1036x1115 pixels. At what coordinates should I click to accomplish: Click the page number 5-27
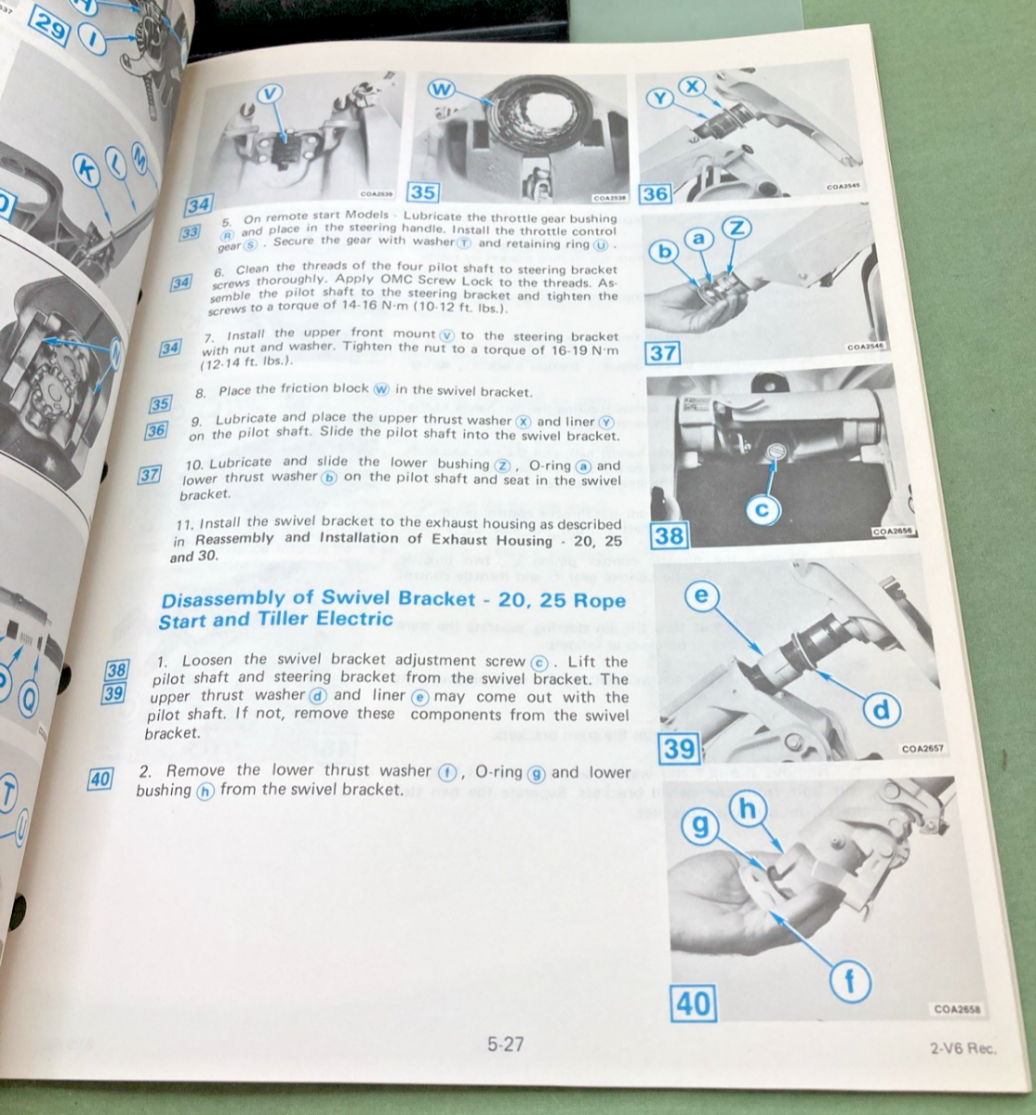click(x=505, y=1043)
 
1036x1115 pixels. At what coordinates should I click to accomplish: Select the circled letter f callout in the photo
click(x=847, y=981)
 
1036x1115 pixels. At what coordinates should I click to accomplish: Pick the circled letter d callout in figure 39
click(x=880, y=711)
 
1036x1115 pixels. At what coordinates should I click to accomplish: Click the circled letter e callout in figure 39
click(x=701, y=596)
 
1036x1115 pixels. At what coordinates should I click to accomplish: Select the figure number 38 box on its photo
click(x=669, y=536)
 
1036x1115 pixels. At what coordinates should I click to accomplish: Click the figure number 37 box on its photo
click(x=663, y=353)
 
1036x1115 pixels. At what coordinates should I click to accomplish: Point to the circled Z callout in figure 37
click(x=735, y=228)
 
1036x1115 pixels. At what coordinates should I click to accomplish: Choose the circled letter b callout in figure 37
click(x=664, y=253)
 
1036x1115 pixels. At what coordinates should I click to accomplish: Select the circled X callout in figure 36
click(x=691, y=85)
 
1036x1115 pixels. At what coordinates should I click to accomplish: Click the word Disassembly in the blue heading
click(x=221, y=598)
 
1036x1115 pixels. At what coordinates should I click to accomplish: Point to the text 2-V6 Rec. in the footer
click(x=962, y=1048)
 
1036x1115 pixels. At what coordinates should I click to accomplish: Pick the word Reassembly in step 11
click(x=234, y=538)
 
